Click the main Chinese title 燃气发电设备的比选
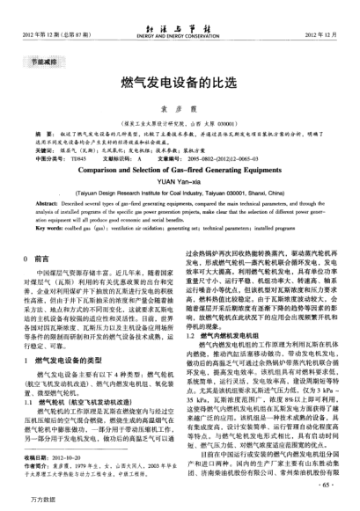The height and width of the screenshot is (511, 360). point(180,82)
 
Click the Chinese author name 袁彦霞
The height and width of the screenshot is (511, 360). point(180,103)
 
